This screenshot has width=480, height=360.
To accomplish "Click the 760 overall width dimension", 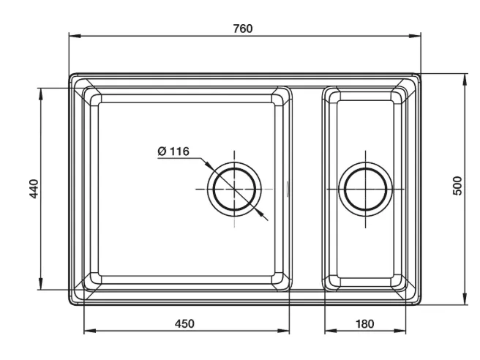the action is [243, 29].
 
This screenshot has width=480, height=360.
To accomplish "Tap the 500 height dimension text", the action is [457, 186].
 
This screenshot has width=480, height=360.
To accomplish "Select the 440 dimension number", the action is [34, 189].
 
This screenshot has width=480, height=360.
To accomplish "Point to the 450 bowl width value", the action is [184, 323].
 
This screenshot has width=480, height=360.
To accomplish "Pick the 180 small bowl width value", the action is [364, 323].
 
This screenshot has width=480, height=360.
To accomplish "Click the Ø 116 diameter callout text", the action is [173, 151].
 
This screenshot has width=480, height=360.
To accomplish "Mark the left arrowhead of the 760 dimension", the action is [75, 36].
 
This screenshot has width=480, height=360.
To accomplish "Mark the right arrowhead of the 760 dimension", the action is [415, 36].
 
